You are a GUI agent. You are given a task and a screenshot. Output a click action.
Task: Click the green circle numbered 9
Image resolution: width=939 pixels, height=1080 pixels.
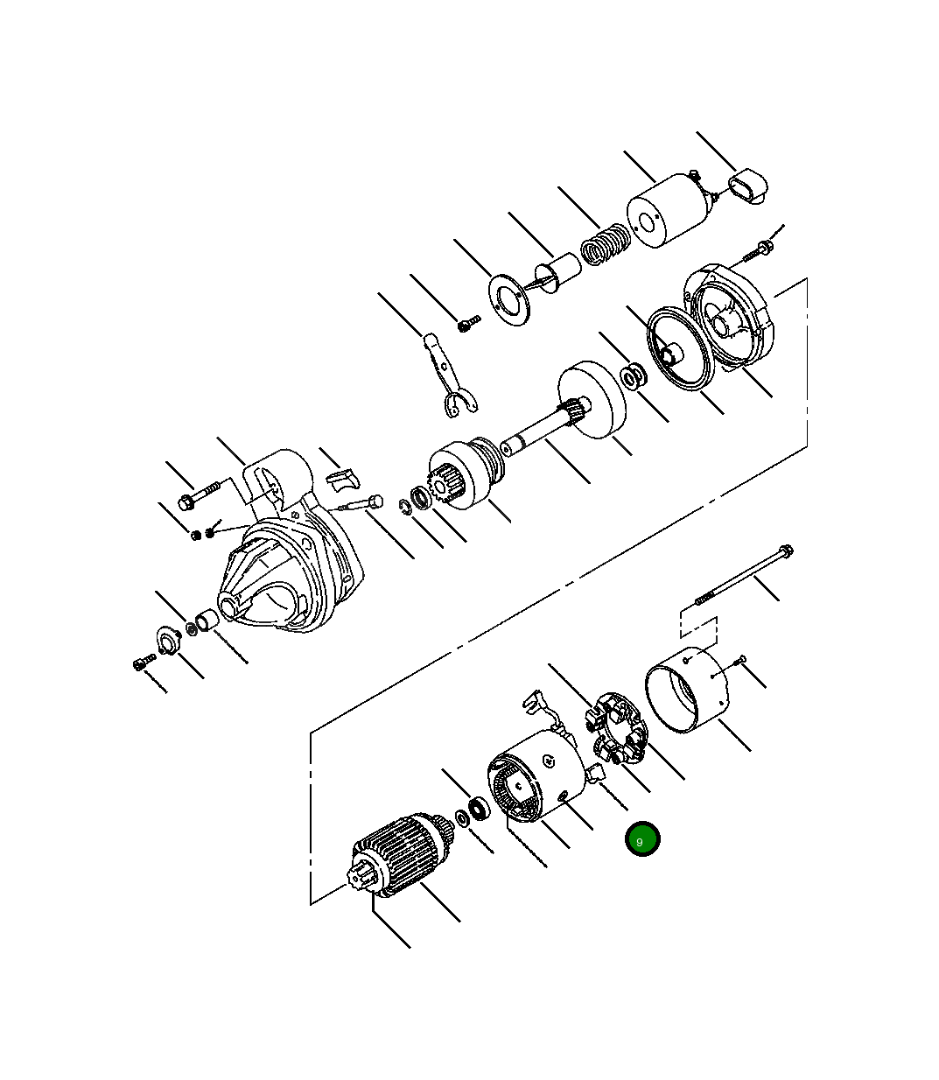click(641, 838)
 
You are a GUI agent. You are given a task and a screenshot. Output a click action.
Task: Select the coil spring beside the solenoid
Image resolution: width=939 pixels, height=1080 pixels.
click(605, 244)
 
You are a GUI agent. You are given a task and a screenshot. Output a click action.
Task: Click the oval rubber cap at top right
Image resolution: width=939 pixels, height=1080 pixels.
click(748, 186)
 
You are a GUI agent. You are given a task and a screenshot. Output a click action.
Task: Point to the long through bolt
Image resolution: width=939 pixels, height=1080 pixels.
click(744, 575)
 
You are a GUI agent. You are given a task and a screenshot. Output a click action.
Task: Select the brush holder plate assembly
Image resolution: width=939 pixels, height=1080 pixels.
click(615, 728)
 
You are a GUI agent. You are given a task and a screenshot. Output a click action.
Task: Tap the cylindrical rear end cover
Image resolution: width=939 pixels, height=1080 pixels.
click(686, 690)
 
